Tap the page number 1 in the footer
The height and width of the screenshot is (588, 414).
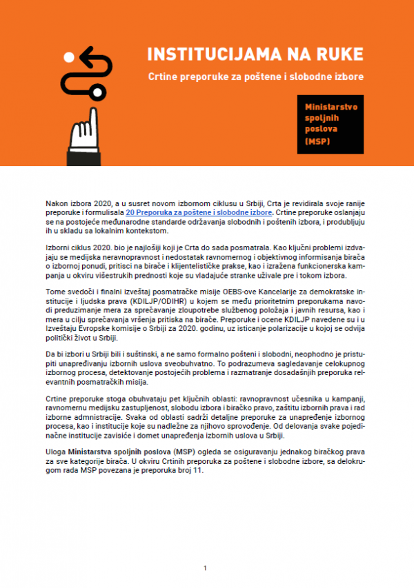(205, 568)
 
